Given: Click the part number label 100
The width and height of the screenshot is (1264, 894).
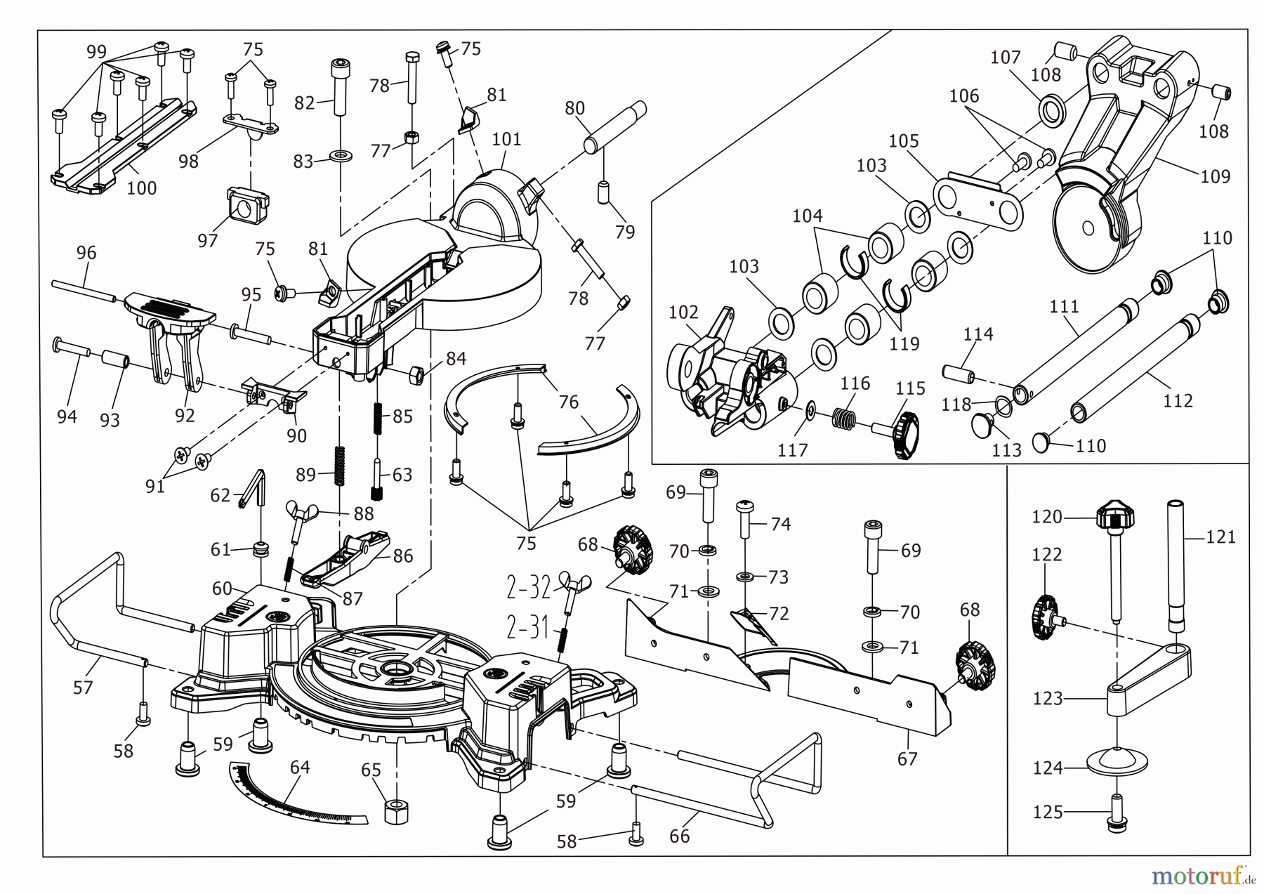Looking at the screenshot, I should [x=141, y=188].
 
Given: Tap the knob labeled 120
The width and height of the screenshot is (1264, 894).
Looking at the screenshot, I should [x=1114, y=518].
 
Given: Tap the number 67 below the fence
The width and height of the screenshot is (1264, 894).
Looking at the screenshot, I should [x=907, y=758].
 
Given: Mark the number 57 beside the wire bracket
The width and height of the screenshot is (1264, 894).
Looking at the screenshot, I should [x=83, y=687].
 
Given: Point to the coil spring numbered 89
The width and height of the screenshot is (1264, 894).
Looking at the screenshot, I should [x=340, y=466].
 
